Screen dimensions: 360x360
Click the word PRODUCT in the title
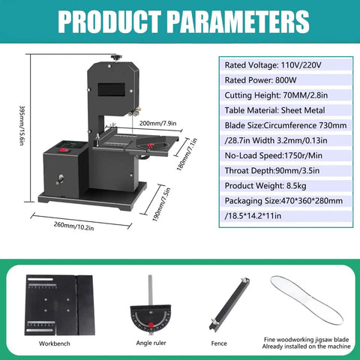click(109, 22)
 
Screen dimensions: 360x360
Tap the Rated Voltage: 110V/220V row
click(273, 65)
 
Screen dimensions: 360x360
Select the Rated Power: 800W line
click(260, 80)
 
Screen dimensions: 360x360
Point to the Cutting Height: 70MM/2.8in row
click(276, 95)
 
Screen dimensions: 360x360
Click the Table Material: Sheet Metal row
click(274, 110)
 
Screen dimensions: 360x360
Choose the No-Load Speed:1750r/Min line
click(274, 155)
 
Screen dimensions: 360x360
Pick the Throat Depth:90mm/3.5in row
click(272, 170)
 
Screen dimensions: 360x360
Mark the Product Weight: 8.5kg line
click(265, 186)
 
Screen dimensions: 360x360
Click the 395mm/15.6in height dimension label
click(22, 125)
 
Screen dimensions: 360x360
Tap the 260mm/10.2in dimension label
click(73, 226)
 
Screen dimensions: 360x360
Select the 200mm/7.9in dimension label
click(157, 123)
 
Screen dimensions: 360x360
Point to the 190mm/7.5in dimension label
click(161, 204)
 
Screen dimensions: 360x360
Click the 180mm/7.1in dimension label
click(187, 154)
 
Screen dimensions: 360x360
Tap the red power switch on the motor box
click(64, 150)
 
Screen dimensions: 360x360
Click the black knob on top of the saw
click(116, 58)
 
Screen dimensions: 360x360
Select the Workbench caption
click(55, 343)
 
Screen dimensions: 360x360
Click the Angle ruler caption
click(151, 343)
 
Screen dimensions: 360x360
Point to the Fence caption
click(219, 343)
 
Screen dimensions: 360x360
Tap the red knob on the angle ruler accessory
click(151, 325)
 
